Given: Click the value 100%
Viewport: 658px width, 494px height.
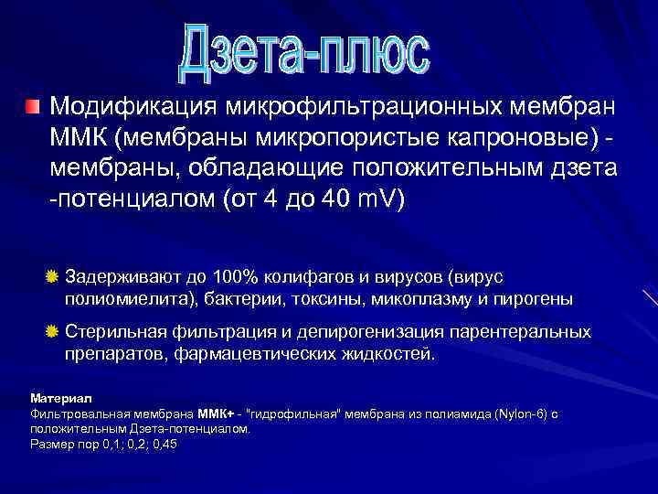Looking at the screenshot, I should [x=236, y=277].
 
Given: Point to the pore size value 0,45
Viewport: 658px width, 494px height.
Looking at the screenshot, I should [x=164, y=444].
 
